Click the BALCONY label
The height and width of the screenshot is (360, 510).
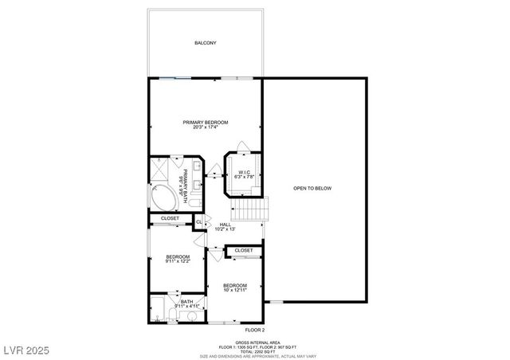pyautogui.click(x=206, y=42)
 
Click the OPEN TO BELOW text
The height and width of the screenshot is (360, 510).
pyautogui.click(x=312, y=188)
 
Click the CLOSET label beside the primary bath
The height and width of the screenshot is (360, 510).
pyautogui.click(x=170, y=218)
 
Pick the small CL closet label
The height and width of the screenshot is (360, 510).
pyautogui.click(x=199, y=221)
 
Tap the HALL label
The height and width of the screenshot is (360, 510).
pyautogui.click(x=226, y=227)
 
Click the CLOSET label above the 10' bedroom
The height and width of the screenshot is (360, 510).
pyautogui.click(x=244, y=250)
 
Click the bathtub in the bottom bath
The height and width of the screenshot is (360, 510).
pyautogui.click(x=159, y=309)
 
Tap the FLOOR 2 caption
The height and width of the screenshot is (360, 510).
pyautogui.click(x=255, y=330)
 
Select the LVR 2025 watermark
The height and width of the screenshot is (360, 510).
pyautogui.click(x=27, y=349)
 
